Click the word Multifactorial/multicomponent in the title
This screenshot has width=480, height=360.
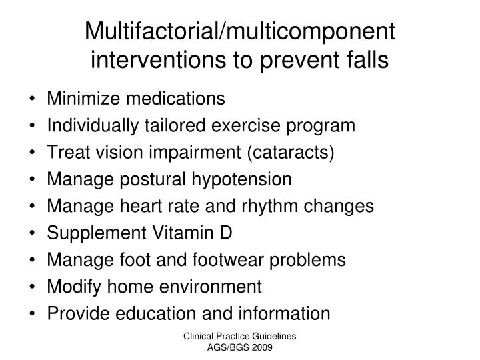[240, 31]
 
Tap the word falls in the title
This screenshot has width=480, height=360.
[365, 60]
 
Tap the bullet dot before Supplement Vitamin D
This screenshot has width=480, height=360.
[33, 233]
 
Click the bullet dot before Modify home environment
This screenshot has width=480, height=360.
[33, 287]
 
